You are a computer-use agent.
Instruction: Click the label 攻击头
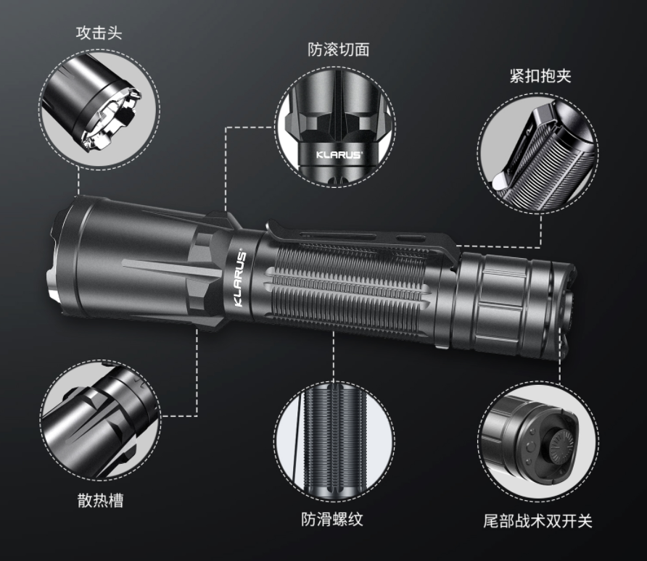click(99, 33)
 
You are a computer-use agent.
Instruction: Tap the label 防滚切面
click(338, 49)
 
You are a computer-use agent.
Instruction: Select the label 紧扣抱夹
click(540, 76)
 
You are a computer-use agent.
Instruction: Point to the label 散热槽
click(100, 500)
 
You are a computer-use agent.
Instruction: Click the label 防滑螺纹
click(332, 519)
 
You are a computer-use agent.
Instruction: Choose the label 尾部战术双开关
click(537, 521)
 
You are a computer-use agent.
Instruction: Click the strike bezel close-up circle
click(100, 109)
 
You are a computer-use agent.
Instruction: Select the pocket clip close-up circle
click(538, 154)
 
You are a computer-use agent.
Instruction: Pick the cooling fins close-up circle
click(101, 420)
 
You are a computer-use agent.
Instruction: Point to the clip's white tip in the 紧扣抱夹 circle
click(499, 180)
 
